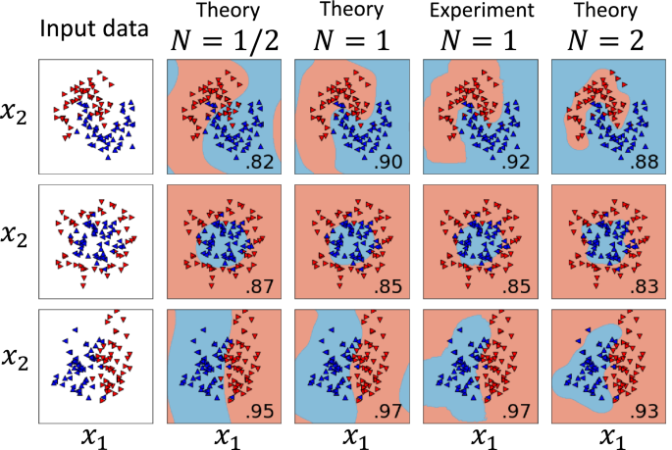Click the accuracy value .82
[261, 160]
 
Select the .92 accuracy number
[518, 160]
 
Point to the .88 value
[645, 160]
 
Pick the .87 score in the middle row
[261, 286]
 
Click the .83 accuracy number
[645, 286]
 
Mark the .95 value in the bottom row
[261, 412]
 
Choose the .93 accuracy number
[645, 412]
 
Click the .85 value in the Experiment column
[518, 286]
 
